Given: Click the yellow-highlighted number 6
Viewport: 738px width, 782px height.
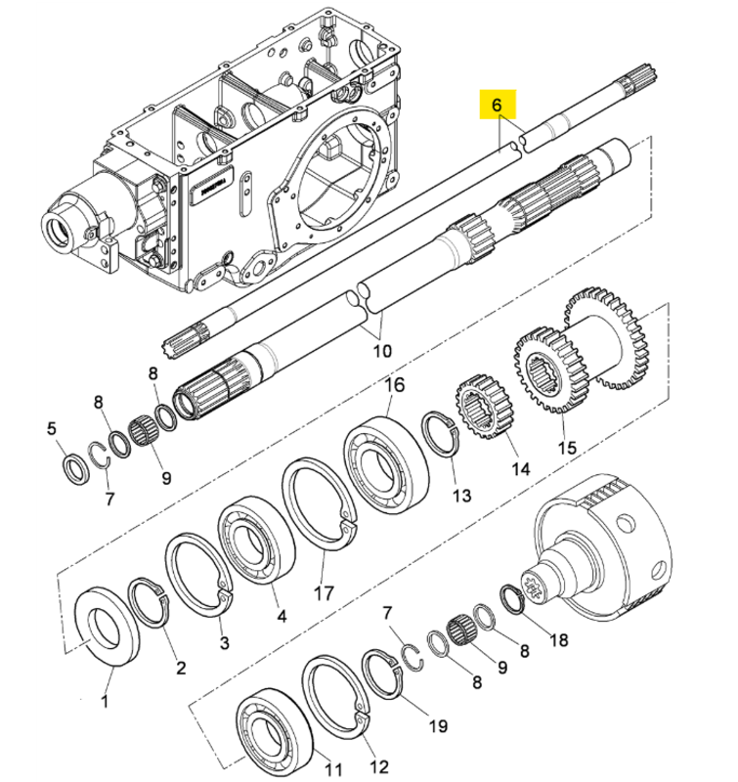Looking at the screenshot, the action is point(497,106).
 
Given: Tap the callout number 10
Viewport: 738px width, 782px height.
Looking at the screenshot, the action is point(382,351).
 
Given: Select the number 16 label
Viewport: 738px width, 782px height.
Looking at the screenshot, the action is point(395,385).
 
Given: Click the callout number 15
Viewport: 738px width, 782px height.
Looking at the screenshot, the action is point(568,447).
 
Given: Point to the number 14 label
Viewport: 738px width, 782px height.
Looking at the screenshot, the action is point(521,469).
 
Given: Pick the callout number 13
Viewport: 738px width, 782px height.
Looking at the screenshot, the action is point(461,496).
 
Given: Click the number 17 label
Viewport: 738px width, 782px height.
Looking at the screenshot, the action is point(324,593).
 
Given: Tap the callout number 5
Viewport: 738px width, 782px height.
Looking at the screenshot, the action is point(52,428).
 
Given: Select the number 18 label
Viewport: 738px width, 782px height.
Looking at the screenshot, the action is point(558,640).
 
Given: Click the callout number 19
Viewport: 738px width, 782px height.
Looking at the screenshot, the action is point(438,726).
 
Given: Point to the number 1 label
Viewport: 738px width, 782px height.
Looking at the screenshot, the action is point(105,701).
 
